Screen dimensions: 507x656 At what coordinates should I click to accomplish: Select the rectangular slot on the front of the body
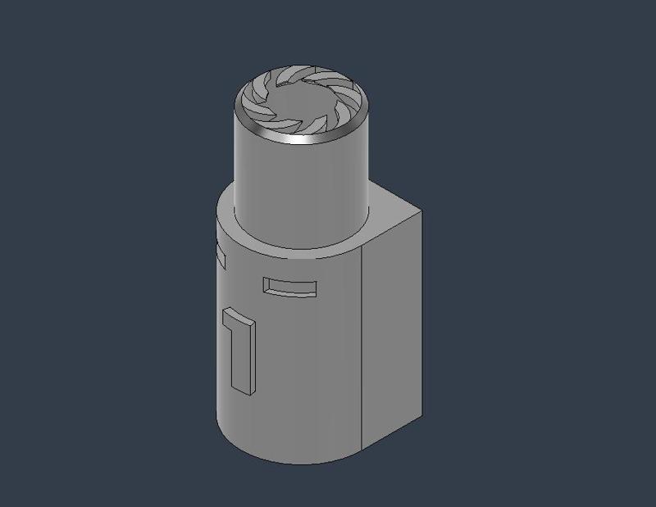coord(289,288)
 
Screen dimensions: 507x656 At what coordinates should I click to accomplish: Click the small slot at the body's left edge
coord(220,254)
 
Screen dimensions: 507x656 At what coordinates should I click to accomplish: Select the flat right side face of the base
coord(394,328)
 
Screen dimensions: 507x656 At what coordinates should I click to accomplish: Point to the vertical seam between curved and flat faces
coord(362,344)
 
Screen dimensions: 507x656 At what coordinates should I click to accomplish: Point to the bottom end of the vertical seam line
coord(362,451)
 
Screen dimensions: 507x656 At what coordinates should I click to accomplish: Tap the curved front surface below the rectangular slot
coord(303,369)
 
